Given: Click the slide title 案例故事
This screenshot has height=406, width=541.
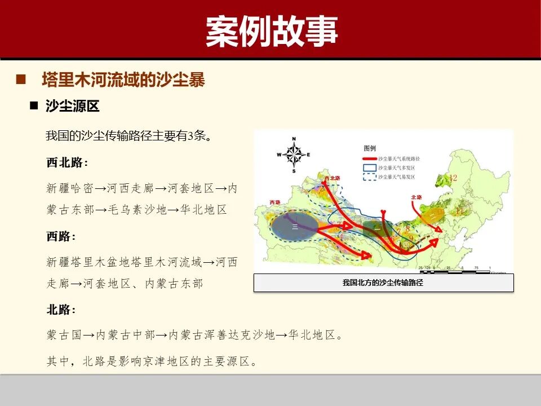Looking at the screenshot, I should tap(271, 31).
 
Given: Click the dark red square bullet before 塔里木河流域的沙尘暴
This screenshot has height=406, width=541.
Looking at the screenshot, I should tap(22, 80).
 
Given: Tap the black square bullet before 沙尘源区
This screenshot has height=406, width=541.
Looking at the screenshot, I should tap(34, 106).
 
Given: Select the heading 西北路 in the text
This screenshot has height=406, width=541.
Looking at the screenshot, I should tap(65, 163).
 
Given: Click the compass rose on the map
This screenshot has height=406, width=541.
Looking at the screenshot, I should tap(294, 154).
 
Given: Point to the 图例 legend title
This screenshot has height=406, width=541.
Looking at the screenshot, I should tap(370, 148).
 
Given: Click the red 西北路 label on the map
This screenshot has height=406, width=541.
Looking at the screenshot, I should tap(332, 178).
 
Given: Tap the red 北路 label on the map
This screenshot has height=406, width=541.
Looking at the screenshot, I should tap(416, 197).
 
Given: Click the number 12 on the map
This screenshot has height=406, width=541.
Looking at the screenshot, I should tap(453, 178).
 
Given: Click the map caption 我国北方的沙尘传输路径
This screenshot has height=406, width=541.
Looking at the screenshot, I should tap(383, 283).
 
